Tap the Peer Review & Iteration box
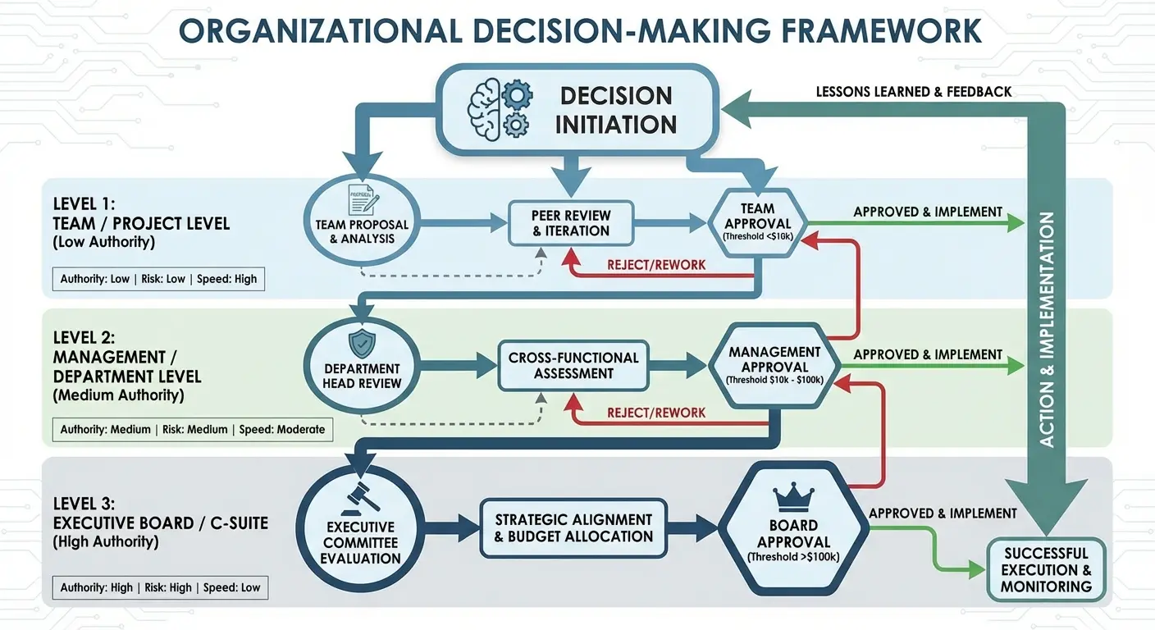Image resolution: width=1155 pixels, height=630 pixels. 571,222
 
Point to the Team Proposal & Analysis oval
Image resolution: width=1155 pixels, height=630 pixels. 362,219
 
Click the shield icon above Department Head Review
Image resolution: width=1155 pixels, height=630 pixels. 362,343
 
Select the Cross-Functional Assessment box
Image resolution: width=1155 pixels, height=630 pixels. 573,365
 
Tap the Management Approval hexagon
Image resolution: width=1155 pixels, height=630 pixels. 775,365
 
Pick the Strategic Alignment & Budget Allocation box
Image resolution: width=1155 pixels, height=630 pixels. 573,528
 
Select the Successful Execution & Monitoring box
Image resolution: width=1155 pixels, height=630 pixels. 1046,569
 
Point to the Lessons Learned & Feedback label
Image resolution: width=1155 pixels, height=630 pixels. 914,92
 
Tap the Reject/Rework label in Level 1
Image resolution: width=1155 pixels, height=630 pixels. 656,265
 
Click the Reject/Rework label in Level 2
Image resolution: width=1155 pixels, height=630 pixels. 656,413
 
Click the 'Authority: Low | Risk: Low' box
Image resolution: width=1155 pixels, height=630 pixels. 158,279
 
